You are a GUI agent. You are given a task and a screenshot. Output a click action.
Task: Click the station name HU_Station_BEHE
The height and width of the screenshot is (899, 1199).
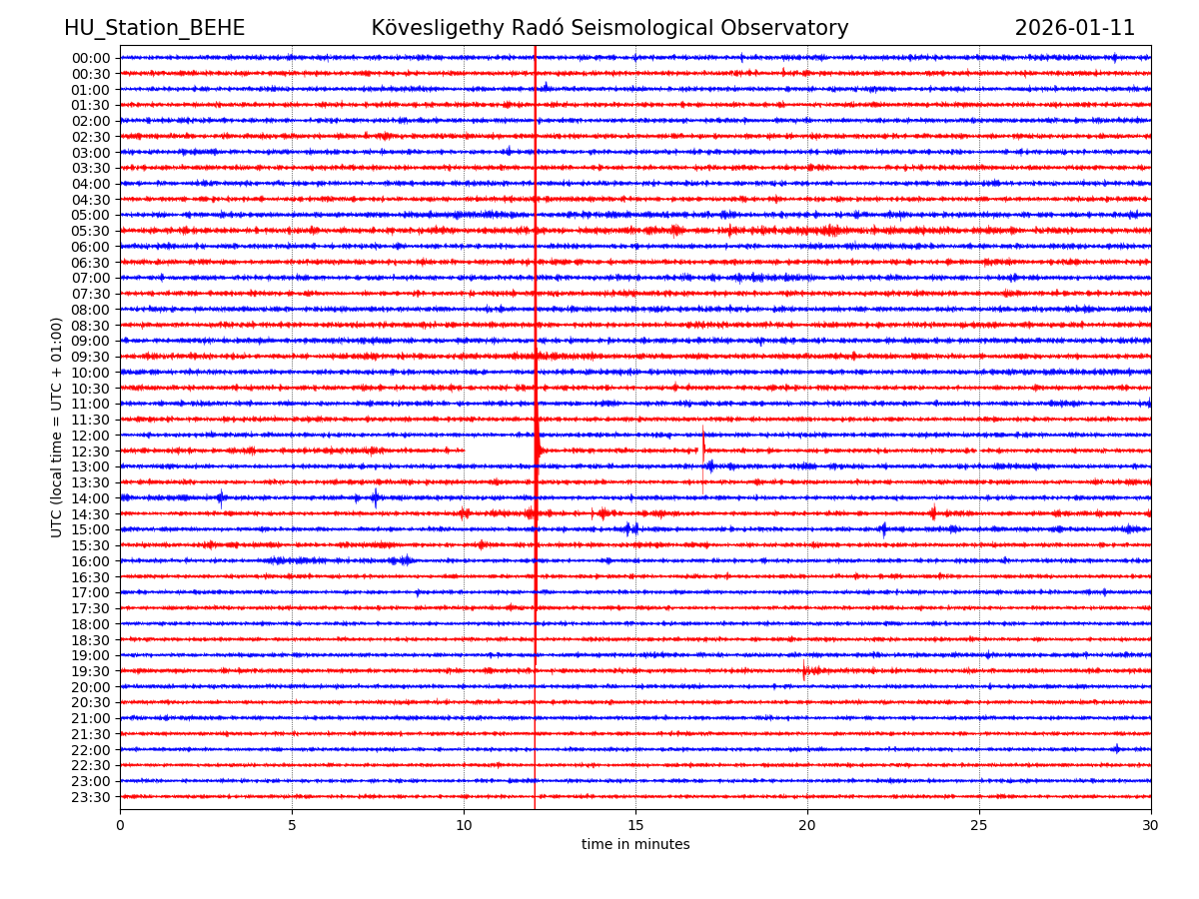pos(154,29)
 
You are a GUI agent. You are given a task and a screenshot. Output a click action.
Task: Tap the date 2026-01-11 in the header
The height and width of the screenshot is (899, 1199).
pos(1074,29)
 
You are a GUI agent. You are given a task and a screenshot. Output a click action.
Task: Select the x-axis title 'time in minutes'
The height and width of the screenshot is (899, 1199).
pos(635,845)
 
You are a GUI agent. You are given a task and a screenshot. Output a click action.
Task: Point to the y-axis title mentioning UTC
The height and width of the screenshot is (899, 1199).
pos(57,428)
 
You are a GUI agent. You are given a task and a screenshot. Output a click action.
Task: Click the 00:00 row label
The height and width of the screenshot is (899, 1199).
pos(91,58)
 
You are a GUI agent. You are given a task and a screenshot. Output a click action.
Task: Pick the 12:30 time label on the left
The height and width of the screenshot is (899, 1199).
pos(91,451)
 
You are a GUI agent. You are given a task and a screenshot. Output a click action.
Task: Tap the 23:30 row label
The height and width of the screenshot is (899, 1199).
pos(91,797)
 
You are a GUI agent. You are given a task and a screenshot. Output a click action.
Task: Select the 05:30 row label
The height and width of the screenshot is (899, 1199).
pos(91,231)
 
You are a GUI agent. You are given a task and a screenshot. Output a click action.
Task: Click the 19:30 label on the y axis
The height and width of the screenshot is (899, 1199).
pos(91,671)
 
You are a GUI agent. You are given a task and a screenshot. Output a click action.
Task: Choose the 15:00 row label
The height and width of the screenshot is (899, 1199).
pos(91,529)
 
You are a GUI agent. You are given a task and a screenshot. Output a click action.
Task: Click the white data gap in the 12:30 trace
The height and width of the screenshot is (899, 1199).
pos(499,451)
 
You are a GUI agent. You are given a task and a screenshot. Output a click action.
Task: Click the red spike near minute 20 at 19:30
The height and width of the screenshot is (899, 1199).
pos(804,670)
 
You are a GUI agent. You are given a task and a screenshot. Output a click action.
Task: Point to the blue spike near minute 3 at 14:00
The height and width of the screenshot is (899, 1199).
pos(221,497)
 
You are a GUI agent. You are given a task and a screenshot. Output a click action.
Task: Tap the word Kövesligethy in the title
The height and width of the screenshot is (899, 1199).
pos(431,29)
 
